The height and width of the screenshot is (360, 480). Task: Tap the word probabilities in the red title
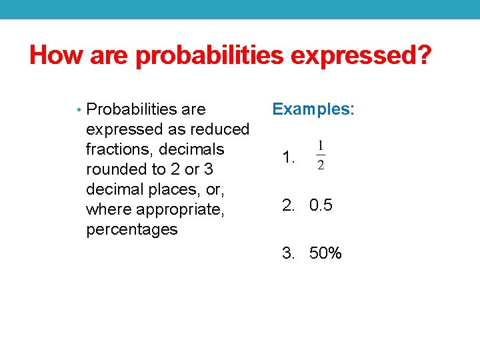[x=207, y=56]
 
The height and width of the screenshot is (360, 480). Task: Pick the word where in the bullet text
[x=109, y=209]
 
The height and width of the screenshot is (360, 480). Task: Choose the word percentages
[x=132, y=229]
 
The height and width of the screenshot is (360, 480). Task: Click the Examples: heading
[x=313, y=109]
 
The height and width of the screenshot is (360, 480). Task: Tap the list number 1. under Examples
[x=289, y=159]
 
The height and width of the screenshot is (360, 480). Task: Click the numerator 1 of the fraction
[x=321, y=146]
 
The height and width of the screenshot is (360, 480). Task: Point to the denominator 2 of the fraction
[x=321, y=165]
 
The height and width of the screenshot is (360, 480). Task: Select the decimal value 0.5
[x=321, y=205]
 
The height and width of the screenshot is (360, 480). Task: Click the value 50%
[x=325, y=253]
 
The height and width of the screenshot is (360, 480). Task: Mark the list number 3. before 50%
[x=289, y=253]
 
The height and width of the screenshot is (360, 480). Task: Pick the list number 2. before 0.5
[x=289, y=205]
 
